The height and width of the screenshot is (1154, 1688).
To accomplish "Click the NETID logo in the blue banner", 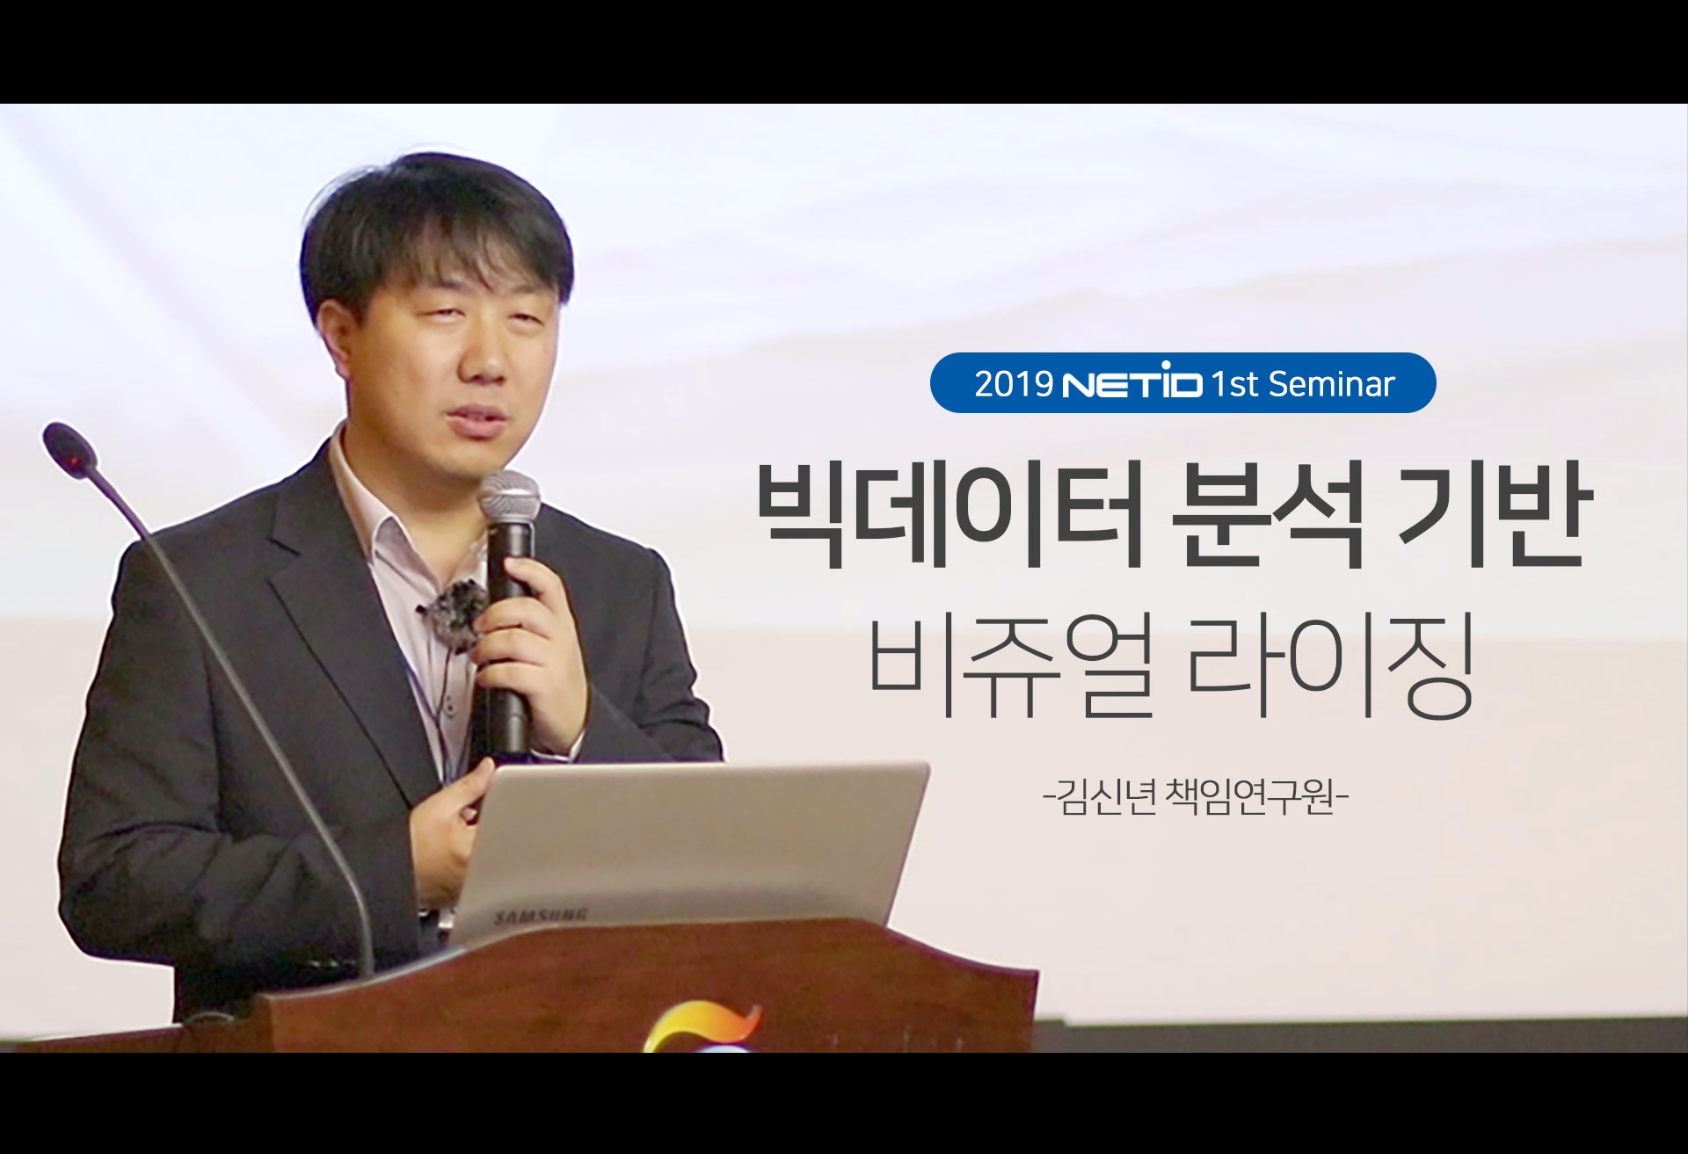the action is click(x=1132, y=383).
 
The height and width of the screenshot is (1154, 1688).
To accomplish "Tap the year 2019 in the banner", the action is click(x=1014, y=384).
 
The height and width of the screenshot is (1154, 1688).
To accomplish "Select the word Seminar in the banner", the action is click(x=1332, y=384).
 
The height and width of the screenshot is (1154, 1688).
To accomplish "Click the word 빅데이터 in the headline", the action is click(x=950, y=519).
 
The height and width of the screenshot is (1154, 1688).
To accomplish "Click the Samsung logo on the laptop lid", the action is click(x=542, y=916).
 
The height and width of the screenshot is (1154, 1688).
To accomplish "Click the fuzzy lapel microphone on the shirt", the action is click(x=455, y=604).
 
